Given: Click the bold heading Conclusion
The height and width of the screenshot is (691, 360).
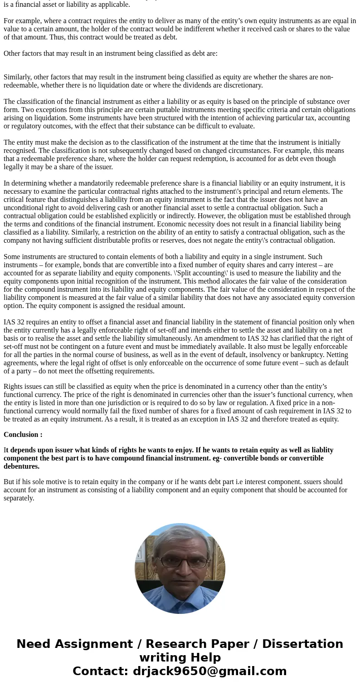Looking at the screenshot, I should pos(23,435).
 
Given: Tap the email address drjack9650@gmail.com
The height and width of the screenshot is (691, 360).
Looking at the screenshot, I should pos(209,671).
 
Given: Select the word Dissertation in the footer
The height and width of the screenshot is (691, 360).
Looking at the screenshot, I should pos(302,644).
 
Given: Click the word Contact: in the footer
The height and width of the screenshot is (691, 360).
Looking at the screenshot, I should pos(100,671).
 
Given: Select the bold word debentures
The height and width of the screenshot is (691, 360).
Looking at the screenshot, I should pos(21,466).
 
